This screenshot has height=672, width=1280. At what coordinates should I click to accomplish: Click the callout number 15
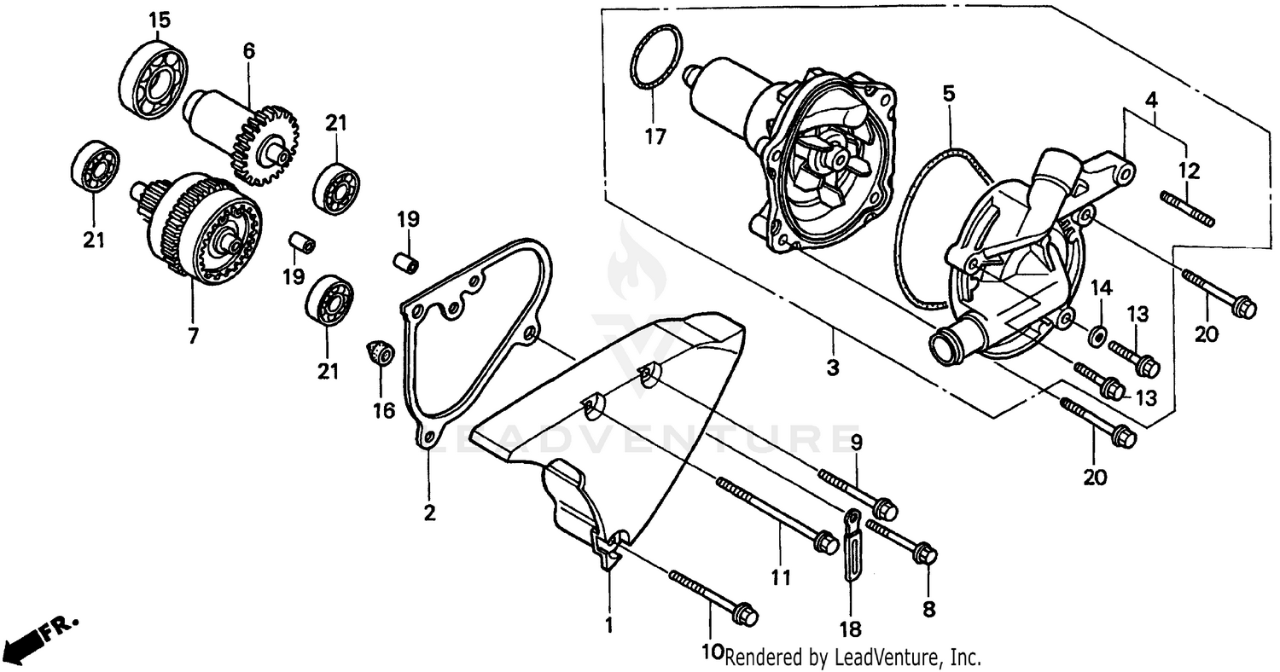(x=160, y=20)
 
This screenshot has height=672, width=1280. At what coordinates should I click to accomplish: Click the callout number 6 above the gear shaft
(x=248, y=50)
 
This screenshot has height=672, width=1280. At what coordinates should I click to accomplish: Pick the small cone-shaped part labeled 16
(x=381, y=351)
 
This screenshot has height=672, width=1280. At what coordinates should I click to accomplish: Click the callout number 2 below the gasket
(x=429, y=513)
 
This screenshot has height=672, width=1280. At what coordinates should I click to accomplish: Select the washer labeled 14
(x=1097, y=333)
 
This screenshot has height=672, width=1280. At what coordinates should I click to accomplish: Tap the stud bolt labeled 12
(x=1187, y=209)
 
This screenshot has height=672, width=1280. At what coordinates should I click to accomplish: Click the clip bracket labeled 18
(x=851, y=546)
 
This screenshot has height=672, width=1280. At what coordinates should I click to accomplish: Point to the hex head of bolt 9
(x=886, y=510)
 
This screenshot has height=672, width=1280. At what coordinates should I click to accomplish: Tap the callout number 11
(x=777, y=578)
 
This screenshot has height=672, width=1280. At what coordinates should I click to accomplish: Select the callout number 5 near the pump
(x=949, y=92)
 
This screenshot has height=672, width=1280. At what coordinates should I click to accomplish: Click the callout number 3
(x=832, y=368)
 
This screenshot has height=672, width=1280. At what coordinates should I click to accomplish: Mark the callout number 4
(x=1152, y=99)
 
